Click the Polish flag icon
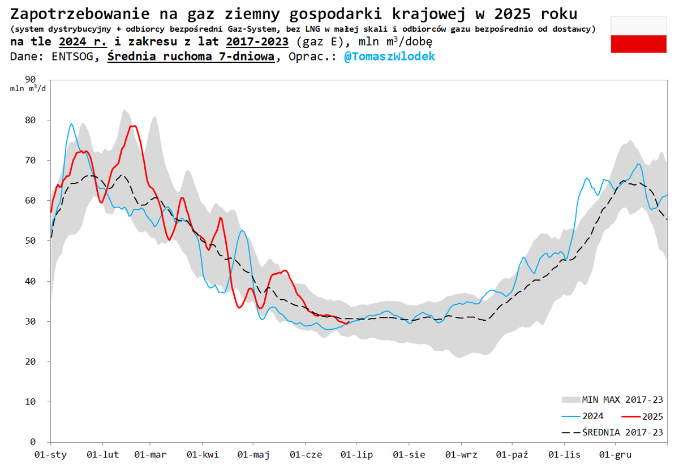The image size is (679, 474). [x=638, y=35]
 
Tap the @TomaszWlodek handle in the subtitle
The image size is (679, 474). [x=389, y=57]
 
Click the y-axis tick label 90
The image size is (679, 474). [x=31, y=80]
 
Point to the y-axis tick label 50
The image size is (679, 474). [x=31, y=241]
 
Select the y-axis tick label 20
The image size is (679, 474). [x=31, y=361]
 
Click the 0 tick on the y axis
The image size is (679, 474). [x=33, y=442]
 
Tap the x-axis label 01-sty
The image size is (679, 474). [x=50, y=455]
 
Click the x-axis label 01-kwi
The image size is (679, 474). [x=202, y=455]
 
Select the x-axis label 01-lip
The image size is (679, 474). [x=356, y=455]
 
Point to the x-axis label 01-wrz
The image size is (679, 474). [x=461, y=455]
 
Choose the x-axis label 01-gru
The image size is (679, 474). [x=615, y=455]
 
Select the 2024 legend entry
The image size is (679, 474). [x=592, y=416]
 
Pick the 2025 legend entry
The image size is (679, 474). [x=652, y=416]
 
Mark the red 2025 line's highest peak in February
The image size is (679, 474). [x=133, y=126]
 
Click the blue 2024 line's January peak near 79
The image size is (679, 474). [x=71, y=124]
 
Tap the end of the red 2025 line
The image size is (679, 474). [x=347, y=322]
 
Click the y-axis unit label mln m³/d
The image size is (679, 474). [x=27, y=89]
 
